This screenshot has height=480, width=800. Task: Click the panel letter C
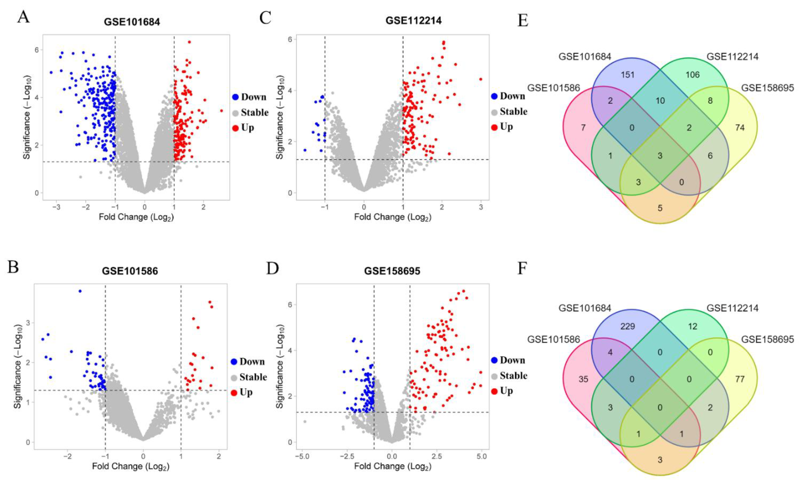coord(265,18)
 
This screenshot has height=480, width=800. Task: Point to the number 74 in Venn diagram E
coord(740,128)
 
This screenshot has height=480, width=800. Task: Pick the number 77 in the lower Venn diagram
coord(740,379)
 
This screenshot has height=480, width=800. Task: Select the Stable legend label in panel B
coord(253,377)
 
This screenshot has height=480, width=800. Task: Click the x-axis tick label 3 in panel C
coord(481,207)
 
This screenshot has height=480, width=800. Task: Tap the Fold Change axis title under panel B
coord(131,466)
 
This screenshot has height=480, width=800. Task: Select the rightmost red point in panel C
coord(481,79)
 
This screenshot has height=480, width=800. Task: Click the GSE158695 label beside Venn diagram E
coord(767,88)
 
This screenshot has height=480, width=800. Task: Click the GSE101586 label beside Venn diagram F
coord(553,340)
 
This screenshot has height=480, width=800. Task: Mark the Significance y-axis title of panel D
coord(280,365)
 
